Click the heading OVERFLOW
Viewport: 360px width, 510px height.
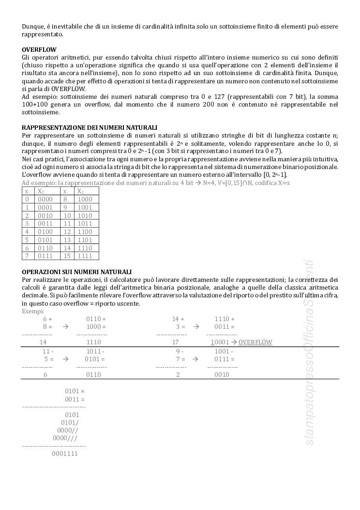pos(39,50)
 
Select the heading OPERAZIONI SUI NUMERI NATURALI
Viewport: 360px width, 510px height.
pos(76,272)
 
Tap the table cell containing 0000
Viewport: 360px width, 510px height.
pos(45,199)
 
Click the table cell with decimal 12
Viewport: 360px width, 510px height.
pos(67,232)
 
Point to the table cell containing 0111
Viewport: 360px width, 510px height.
pos(45,256)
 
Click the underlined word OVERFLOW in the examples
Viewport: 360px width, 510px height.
pos(255,342)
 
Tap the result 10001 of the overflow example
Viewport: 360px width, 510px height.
pos(220,342)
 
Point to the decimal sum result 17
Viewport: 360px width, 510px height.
pos(176,342)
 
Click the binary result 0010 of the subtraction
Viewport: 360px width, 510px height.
pos(222,374)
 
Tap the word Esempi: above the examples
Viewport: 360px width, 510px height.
pos(33,311)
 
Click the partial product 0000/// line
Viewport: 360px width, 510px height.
pos(65,438)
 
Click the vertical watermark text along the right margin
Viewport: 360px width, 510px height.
pos(309,354)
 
